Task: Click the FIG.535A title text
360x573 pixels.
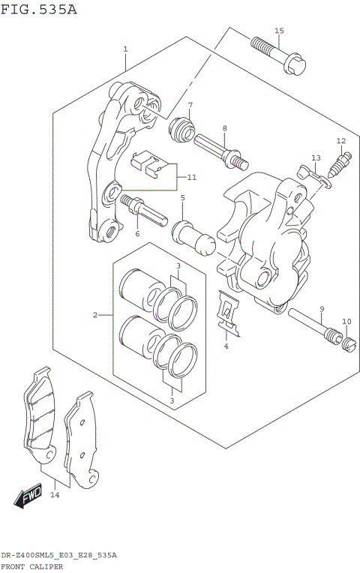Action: (x=39, y=10)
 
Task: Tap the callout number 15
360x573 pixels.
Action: (x=279, y=31)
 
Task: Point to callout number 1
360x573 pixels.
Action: (x=125, y=49)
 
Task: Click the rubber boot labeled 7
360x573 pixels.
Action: (x=181, y=129)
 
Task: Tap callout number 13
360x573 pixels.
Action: (x=316, y=157)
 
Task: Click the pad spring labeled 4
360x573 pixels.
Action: (x=227, y=313)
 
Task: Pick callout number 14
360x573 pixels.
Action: (x=55, y=495)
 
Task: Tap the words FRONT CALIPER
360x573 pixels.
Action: (x=31, y=566)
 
